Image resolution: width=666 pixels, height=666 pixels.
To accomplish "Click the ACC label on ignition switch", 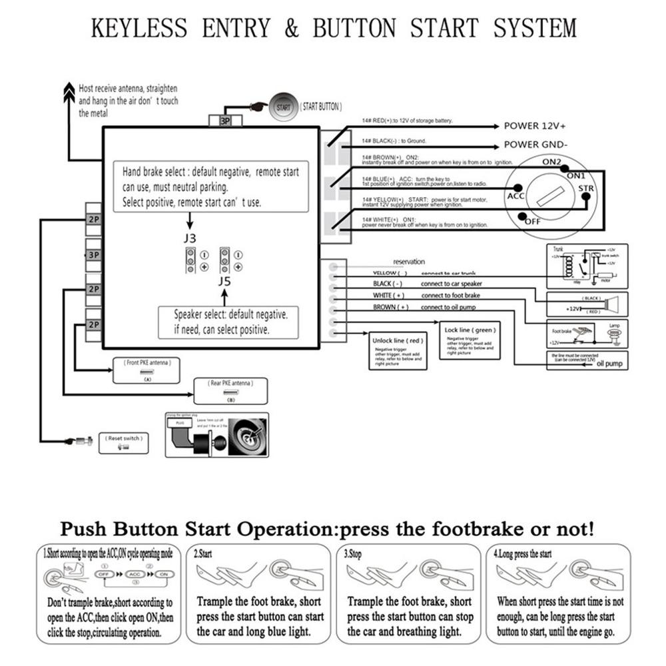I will (x=516, y=196).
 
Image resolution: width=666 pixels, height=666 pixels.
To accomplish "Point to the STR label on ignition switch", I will (x=585, y=189).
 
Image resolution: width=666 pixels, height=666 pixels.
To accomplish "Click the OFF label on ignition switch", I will (x=533, y=221).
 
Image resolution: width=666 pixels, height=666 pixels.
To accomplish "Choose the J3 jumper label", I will (x=190, y=236).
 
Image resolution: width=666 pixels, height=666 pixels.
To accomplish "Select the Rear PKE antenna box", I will (x=230, y=390).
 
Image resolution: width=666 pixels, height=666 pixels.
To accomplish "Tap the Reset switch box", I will (x=124, y=443).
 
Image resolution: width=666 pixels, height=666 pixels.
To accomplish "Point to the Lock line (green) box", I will (x=470, y=340).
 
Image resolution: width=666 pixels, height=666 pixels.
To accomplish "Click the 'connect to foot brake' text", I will (x=450, y=295).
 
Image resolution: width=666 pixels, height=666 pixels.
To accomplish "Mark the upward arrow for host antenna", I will (x=69, y=93).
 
